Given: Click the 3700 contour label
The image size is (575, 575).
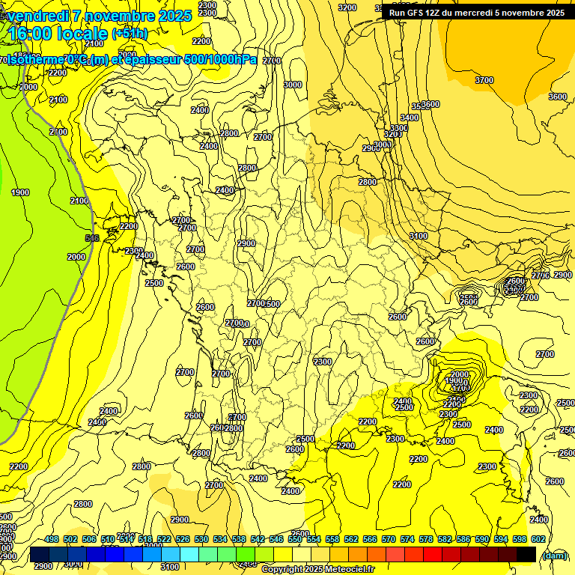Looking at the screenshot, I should [484, 80].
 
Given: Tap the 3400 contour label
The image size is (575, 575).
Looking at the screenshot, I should [409, 118].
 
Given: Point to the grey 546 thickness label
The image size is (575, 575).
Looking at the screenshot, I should [92, 238].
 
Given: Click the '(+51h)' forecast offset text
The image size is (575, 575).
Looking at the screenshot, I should [130, 34].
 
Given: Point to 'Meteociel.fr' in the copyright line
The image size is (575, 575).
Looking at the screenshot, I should [347, 570].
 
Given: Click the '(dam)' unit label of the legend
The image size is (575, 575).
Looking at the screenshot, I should [554, 555].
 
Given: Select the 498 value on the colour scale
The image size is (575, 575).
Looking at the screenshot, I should [52, 539].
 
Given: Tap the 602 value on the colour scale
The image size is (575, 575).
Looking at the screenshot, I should [538, 539].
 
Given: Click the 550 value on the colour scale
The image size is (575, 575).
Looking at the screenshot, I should [295, 539].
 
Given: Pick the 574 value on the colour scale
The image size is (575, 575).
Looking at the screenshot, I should [407, 539].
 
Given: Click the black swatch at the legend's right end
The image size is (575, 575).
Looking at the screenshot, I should [526, 554].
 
